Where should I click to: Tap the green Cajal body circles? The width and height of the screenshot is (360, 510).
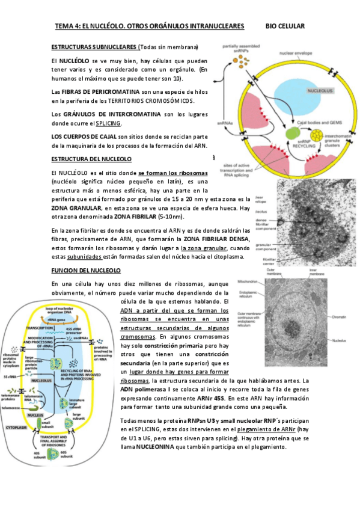click(292, 133)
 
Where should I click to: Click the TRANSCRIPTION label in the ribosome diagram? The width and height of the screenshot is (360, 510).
click(41, 328)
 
